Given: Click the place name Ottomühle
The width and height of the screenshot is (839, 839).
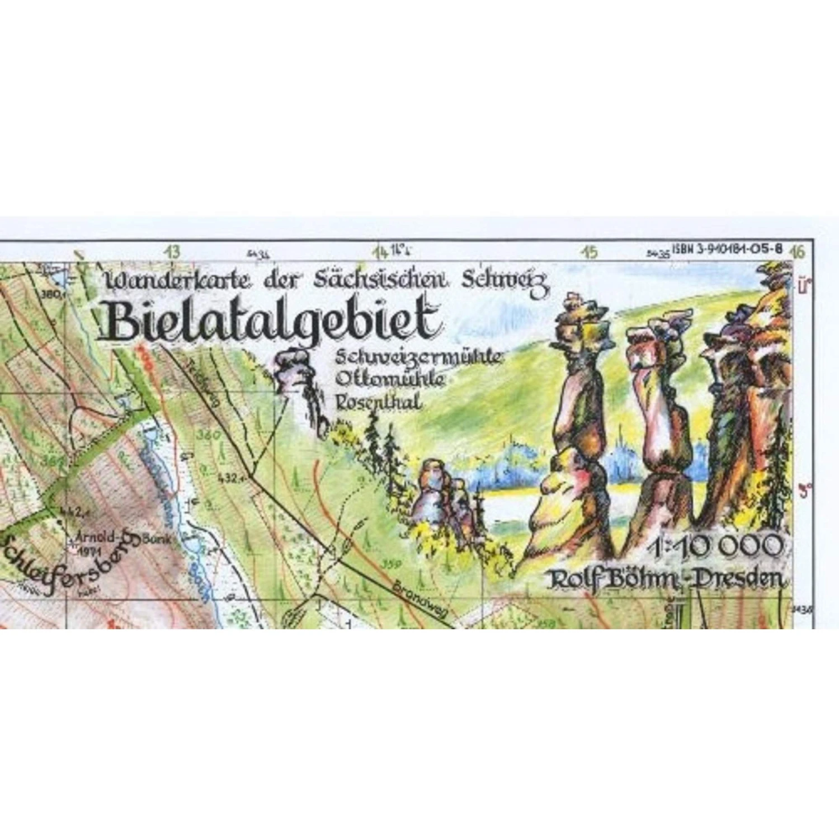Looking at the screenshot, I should (x=390, y=380).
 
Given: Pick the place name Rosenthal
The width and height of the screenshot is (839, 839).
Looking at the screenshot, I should (x=378, y=401).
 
